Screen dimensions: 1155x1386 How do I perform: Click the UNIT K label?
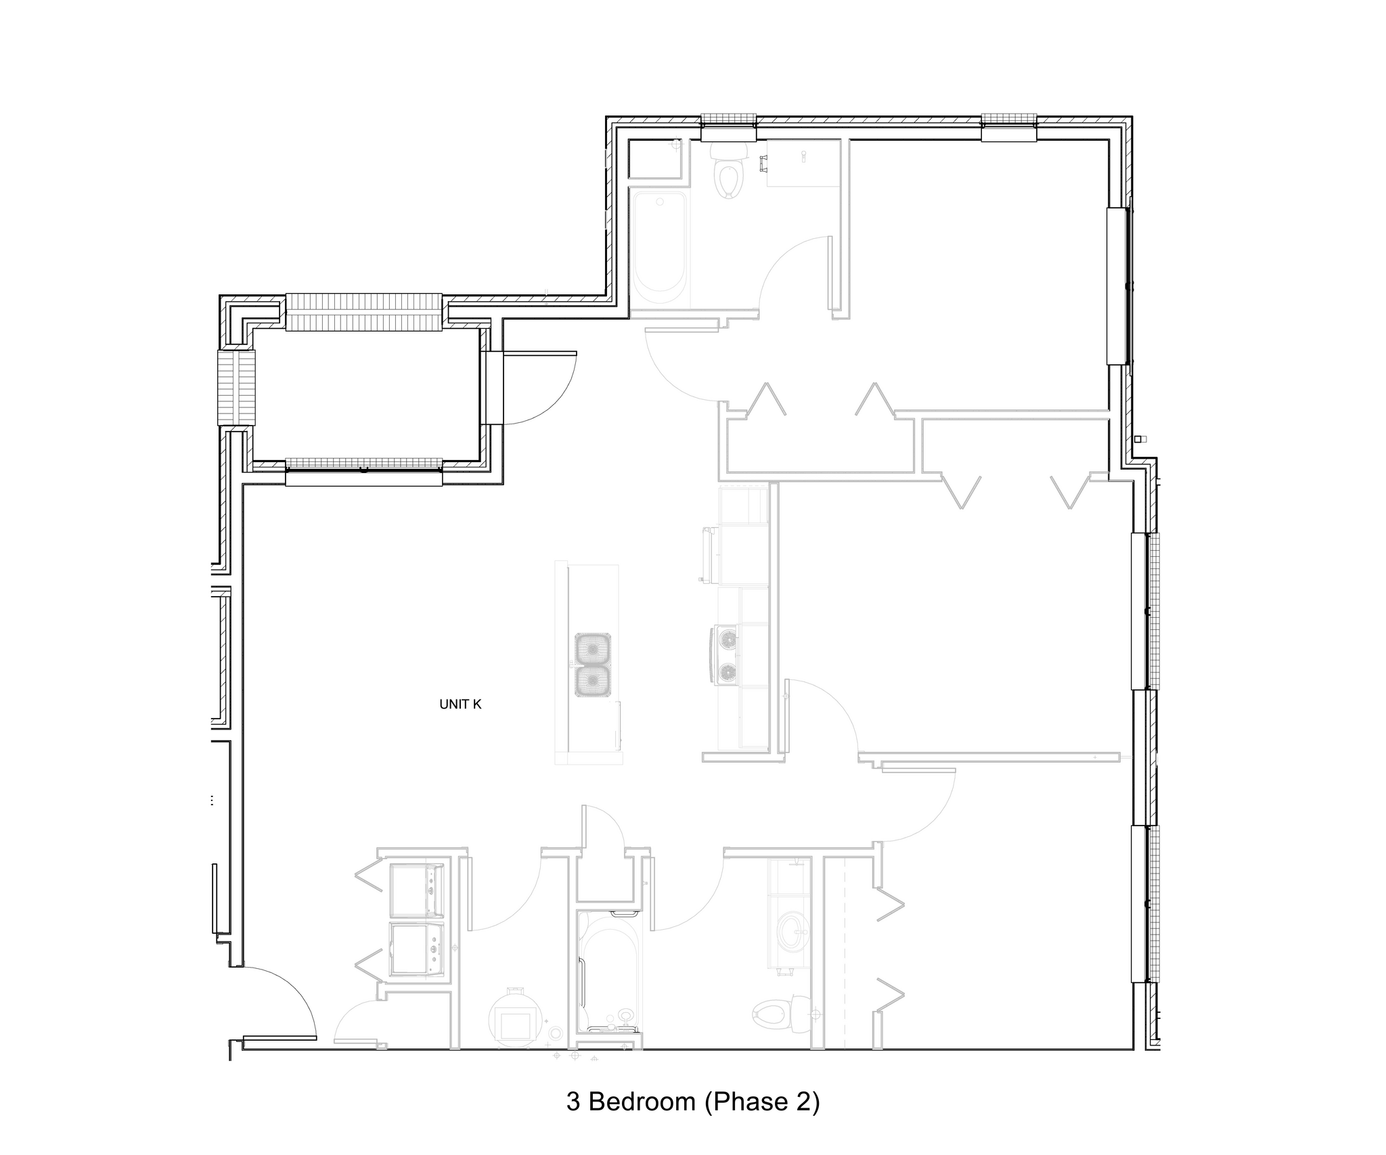pyautogui.click(x=460, y=704)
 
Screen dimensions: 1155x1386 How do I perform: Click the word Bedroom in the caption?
pyautogui.click(x=642, y=1102)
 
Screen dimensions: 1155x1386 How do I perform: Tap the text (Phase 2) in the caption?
pyautogui.click(x=762, y=1102)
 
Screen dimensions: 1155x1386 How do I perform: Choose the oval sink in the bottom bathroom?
pyautogui.click(x=789, y=932)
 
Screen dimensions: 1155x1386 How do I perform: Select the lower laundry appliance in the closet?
pyautogui.click(x=417, y=950)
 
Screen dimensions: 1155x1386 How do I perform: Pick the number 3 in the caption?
pyautogui.click(x=573, y=1102)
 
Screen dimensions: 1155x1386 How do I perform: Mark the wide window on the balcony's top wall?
pyautogui.click(x=363, y=312)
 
